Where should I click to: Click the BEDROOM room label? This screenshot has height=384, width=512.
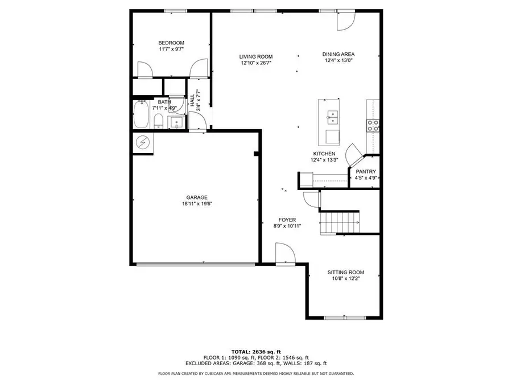pyautogui.click(x=171, y=43)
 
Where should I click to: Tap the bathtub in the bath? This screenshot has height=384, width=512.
pyautogui.click(x=141, y=115)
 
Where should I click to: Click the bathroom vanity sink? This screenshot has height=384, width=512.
pyautogui.click(x=177, y=121)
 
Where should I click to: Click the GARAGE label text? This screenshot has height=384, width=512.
pyautogui.click(x=197, y=197)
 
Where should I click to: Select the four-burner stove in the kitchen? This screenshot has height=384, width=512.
pyautogui.click(x=374, y=126)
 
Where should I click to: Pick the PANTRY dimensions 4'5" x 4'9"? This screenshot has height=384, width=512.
pyautogui.click(x=366, y=177)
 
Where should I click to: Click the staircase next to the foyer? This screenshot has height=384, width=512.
pyautogui.click(x=340, y=221)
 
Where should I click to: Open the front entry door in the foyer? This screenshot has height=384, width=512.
pyautogui.click(x=284, y=254)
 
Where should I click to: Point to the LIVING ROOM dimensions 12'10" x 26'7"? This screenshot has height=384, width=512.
pyautogui.click(x=255, y=63)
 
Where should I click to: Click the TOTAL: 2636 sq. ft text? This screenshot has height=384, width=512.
pyautogui.click(x=256, y=351)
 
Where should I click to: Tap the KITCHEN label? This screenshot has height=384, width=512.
pyautogui.click(x=324, y=154)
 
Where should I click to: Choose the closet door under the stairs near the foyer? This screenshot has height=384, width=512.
pyautogui.click(x=311, y=199)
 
